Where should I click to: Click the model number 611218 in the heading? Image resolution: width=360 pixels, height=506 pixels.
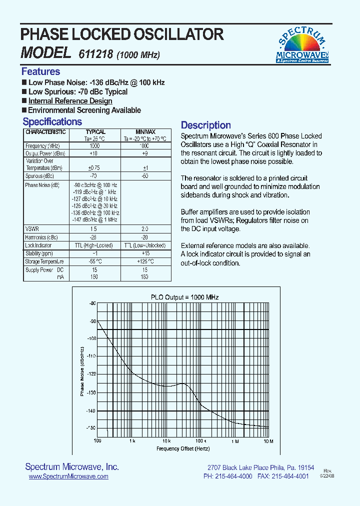point(96,55)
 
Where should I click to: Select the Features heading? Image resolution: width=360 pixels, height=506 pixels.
point(40,71)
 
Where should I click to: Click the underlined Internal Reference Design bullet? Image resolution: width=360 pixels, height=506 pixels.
point(70,101)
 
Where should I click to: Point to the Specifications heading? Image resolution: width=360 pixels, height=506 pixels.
point(52,121)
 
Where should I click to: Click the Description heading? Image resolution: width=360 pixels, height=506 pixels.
point(205,125)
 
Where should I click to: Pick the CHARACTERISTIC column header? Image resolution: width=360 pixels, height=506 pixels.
point(45,132)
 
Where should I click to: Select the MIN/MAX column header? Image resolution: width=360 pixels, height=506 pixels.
point(145,132)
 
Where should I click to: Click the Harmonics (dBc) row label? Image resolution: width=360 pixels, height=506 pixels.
point(41,237)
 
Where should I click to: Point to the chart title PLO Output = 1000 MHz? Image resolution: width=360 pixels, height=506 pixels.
point(185,297)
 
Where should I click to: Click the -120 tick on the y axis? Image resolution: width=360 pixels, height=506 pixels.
point(91,373)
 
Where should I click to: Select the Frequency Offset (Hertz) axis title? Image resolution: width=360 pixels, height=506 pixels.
point(183,448)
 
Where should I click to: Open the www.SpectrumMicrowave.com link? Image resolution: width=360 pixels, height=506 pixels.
point(68,477)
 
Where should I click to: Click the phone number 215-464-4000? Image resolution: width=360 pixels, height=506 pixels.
point(235,477)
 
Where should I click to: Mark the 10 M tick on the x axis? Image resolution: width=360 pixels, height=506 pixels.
point(268,441)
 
